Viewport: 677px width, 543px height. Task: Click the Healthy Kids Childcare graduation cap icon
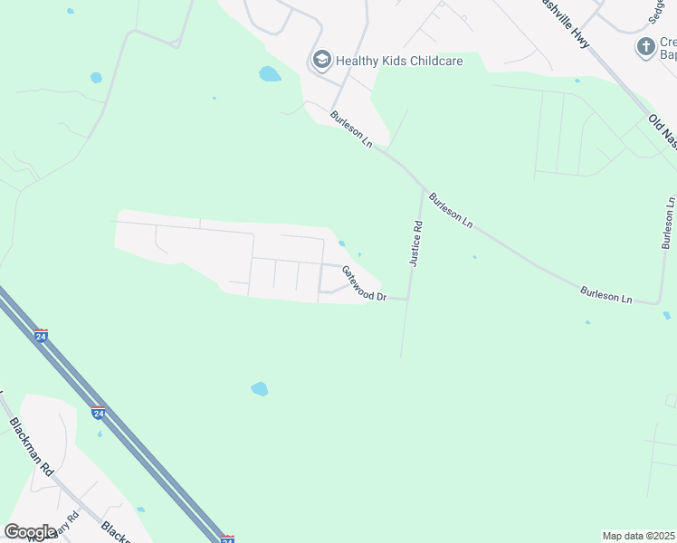(x=321, y=61)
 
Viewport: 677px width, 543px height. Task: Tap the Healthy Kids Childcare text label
(x=399, y=62)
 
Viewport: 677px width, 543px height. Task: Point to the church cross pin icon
(x=645, y=47)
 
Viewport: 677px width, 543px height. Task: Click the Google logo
(x=30, y=531)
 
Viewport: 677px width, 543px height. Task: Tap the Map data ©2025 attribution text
(x=638, y=536)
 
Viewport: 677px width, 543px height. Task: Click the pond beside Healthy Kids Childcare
(x=270, y=74)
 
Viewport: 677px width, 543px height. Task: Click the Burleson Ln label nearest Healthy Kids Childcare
(x=351, y=129)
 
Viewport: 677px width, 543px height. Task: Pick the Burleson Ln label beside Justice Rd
(x=451, y=209)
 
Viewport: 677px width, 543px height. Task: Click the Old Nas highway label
(x=663, y=131)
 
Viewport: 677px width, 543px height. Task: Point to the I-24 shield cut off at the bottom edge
(x=228, y=538)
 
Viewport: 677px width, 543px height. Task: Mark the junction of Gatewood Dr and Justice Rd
(x=408, y=298)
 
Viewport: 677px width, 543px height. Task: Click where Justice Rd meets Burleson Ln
(x=424, y=190)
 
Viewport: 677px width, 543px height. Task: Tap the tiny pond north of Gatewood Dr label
(x=341, y=243)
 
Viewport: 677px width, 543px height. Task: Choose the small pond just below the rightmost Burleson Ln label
(x=667, y=316)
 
